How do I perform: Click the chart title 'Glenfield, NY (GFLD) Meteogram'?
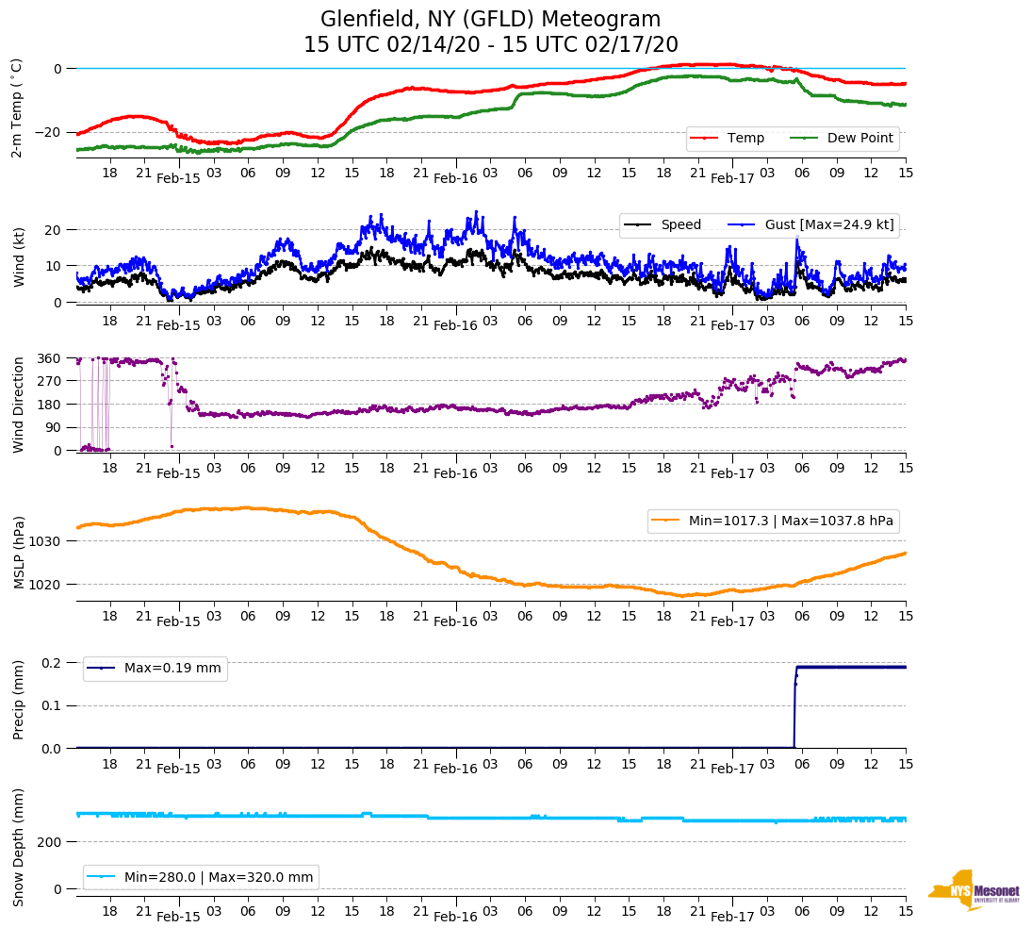(490, 20)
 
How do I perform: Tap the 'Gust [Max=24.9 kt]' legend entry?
(843, 224)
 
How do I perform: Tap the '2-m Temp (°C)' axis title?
(17, 107)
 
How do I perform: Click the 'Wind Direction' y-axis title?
(18, 405)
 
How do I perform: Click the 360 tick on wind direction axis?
(50, 358)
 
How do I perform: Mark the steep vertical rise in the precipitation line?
(794, 707)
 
